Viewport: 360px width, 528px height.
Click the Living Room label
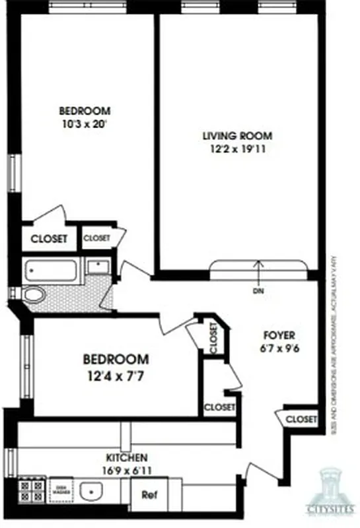237,137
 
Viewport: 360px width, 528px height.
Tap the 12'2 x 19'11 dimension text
237,150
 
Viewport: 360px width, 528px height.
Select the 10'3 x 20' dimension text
85,123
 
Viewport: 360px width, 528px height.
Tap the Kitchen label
127,457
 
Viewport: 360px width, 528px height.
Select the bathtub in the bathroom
52,269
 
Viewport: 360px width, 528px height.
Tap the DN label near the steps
258,290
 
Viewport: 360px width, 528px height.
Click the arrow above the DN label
258,271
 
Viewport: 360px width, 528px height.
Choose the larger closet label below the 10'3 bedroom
49,239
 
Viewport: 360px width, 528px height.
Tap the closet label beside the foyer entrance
302,418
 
